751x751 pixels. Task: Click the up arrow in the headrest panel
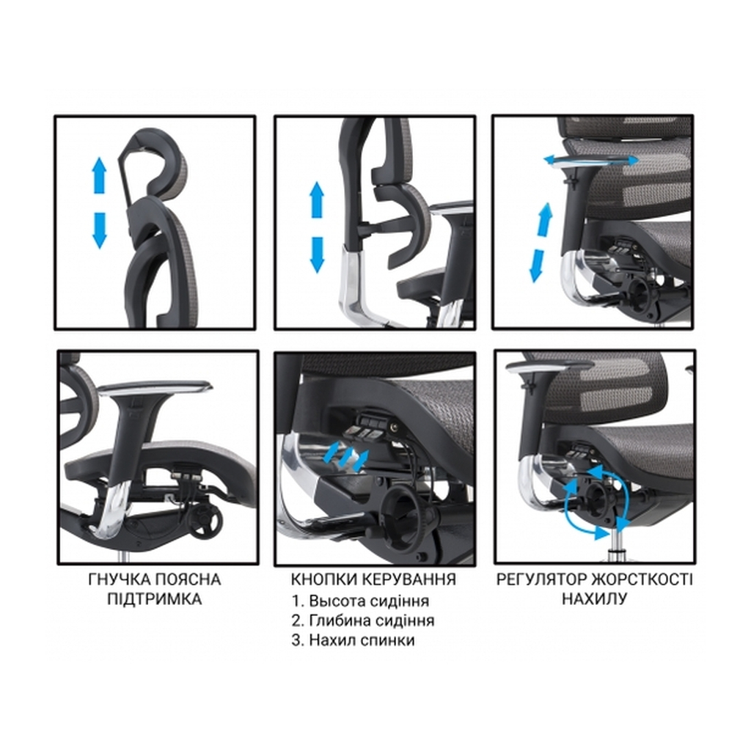tap(99, 175)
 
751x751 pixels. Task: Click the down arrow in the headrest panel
tap(99, 230)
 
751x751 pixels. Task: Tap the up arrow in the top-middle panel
tap(317, 199)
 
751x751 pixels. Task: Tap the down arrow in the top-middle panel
tap(317, 254)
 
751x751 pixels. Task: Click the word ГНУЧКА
tap(120, 579)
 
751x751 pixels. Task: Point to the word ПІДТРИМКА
tap(155, 599)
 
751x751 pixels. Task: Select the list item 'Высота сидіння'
tap(360, 601)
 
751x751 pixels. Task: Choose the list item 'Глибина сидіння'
tap(363, 620)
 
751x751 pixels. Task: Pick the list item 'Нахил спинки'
tap(353, 640)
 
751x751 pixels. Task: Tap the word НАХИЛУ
tap(594, 599)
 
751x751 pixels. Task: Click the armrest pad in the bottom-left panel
tap(155, 387)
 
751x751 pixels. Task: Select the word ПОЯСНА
tap(188, 579)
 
